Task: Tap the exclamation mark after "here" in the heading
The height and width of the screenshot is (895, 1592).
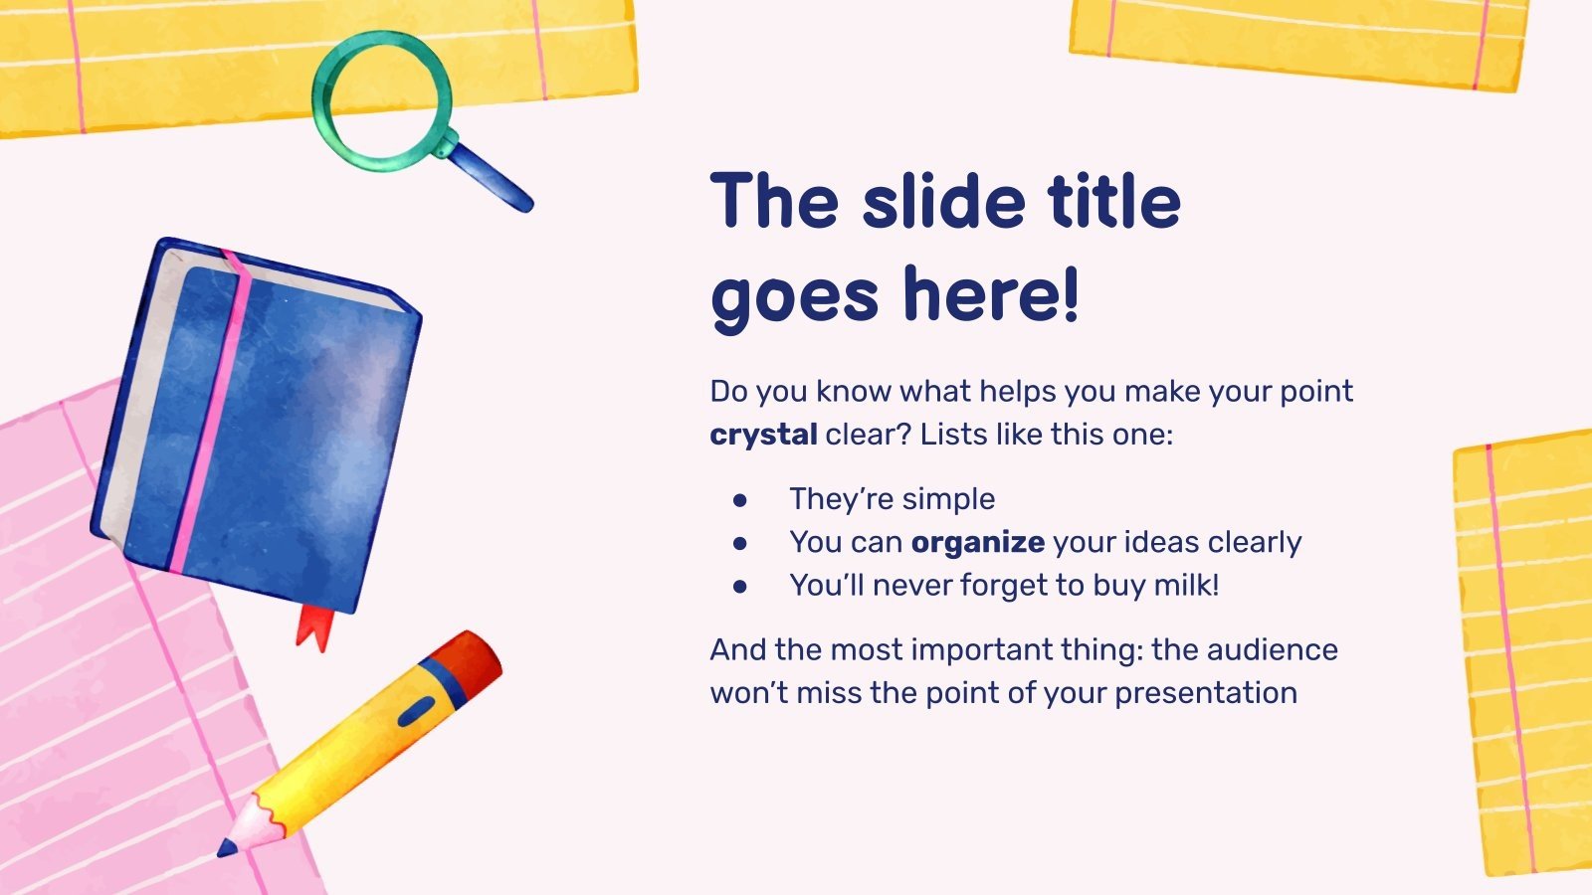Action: click(1070, 294)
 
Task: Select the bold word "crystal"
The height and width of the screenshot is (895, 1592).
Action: click(763, 435)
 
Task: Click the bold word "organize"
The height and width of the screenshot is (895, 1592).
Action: click(977, 542)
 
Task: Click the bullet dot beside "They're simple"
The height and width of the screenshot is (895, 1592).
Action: click(739, 500)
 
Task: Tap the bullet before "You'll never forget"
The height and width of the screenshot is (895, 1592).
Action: click(739, 587)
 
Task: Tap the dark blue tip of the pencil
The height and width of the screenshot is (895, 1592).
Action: click(228, 848)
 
